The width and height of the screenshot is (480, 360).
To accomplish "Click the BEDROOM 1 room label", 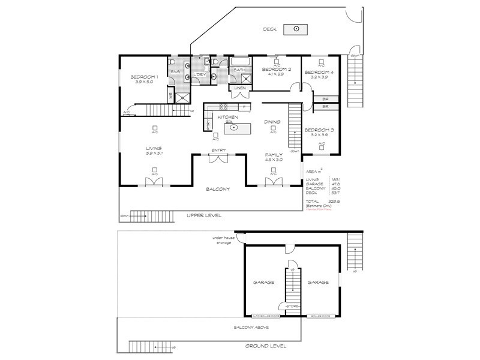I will (143, 77).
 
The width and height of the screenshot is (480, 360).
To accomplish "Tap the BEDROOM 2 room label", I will (277, 70).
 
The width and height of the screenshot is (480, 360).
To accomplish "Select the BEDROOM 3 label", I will (319, 130).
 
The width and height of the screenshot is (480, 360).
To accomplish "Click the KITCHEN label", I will (228, 117).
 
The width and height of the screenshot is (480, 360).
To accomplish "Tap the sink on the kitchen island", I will (245, 128).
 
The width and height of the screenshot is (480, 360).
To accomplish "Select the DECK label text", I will (270, 29).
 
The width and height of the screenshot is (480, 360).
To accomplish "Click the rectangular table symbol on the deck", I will (296, 29).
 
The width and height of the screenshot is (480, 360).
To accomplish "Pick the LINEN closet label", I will (240, 88).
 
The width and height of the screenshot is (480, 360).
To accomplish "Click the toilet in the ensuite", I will (173, 62).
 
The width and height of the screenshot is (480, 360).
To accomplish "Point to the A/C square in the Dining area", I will (273, 128).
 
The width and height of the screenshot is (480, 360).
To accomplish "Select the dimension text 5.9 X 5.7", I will (154, 154).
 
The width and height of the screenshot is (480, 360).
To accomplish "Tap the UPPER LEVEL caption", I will (204, 215).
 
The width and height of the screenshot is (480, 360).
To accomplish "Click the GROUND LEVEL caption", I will (266, 346).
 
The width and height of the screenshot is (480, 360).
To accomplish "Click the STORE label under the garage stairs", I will (292, 306).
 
